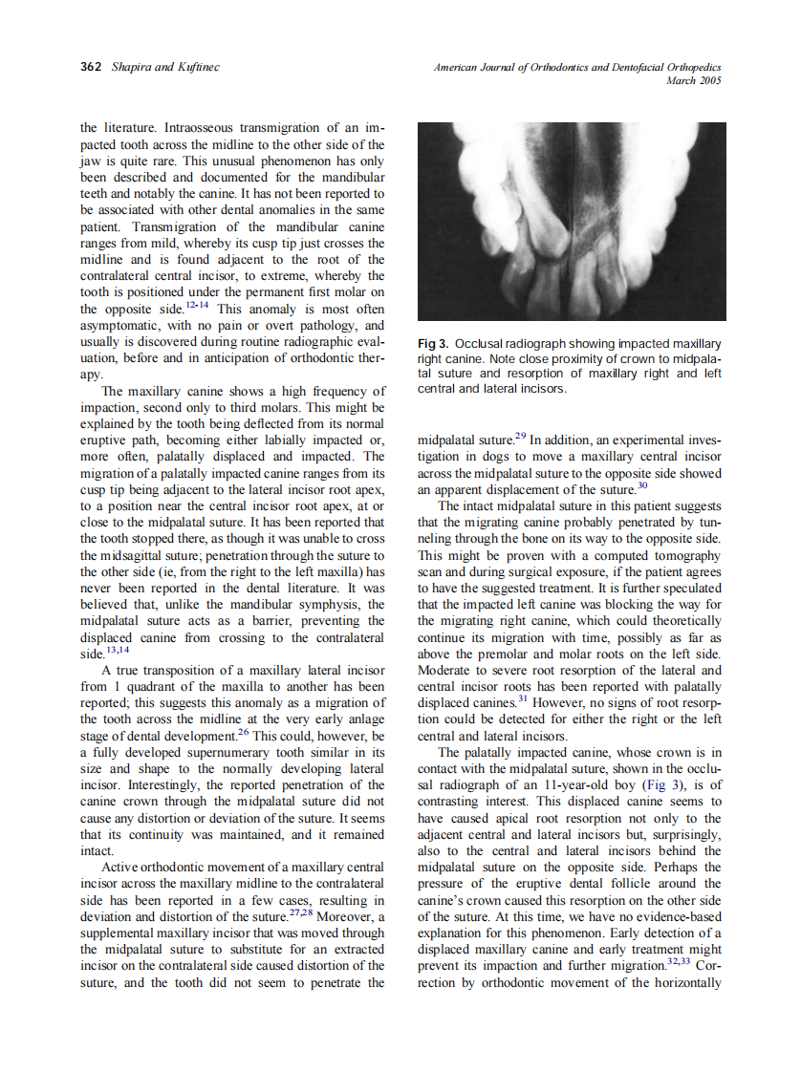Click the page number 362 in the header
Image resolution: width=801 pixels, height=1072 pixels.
tap(92, 67)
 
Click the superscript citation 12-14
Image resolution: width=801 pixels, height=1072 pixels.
tap(198, 305)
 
